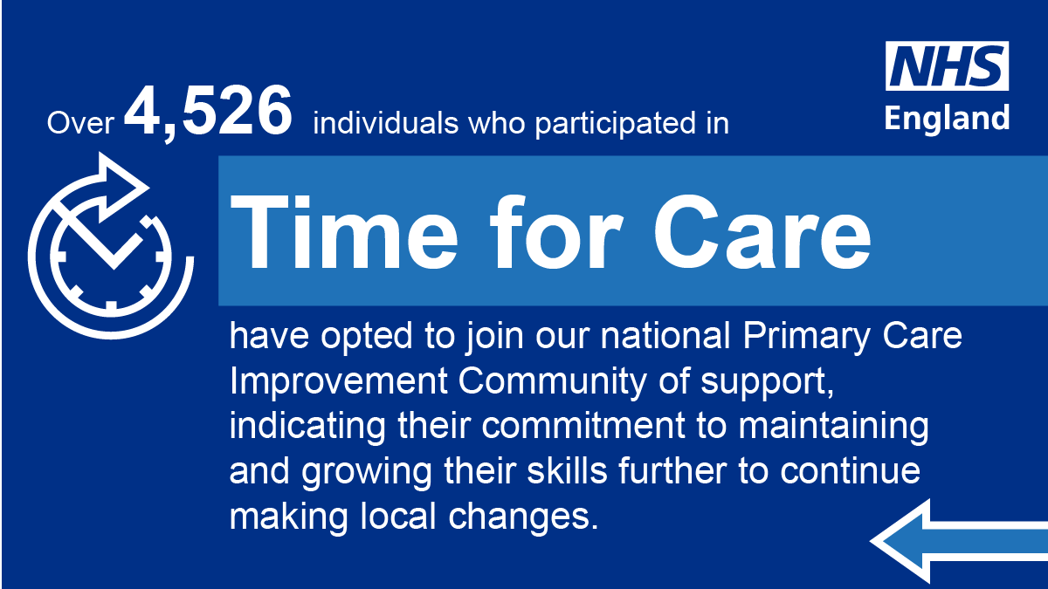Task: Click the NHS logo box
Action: [948, 66]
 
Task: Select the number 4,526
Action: [208, 113]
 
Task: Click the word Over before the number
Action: [81, 124]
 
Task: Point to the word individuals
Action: [383, 124]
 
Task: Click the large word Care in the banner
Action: [760, 231]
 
